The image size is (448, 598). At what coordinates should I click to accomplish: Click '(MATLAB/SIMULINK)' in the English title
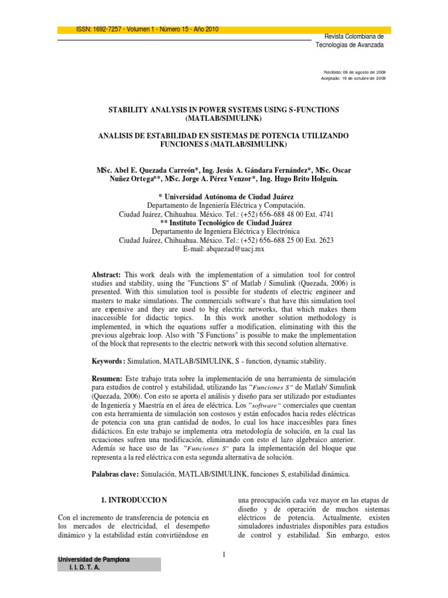(x=224, y=118)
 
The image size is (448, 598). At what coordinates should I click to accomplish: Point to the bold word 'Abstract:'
(x=106, y=274)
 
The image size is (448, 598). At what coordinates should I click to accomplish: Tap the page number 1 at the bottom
(x=223, y=554)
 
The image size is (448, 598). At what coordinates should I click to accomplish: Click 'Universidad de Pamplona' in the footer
(x=93, y=560)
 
